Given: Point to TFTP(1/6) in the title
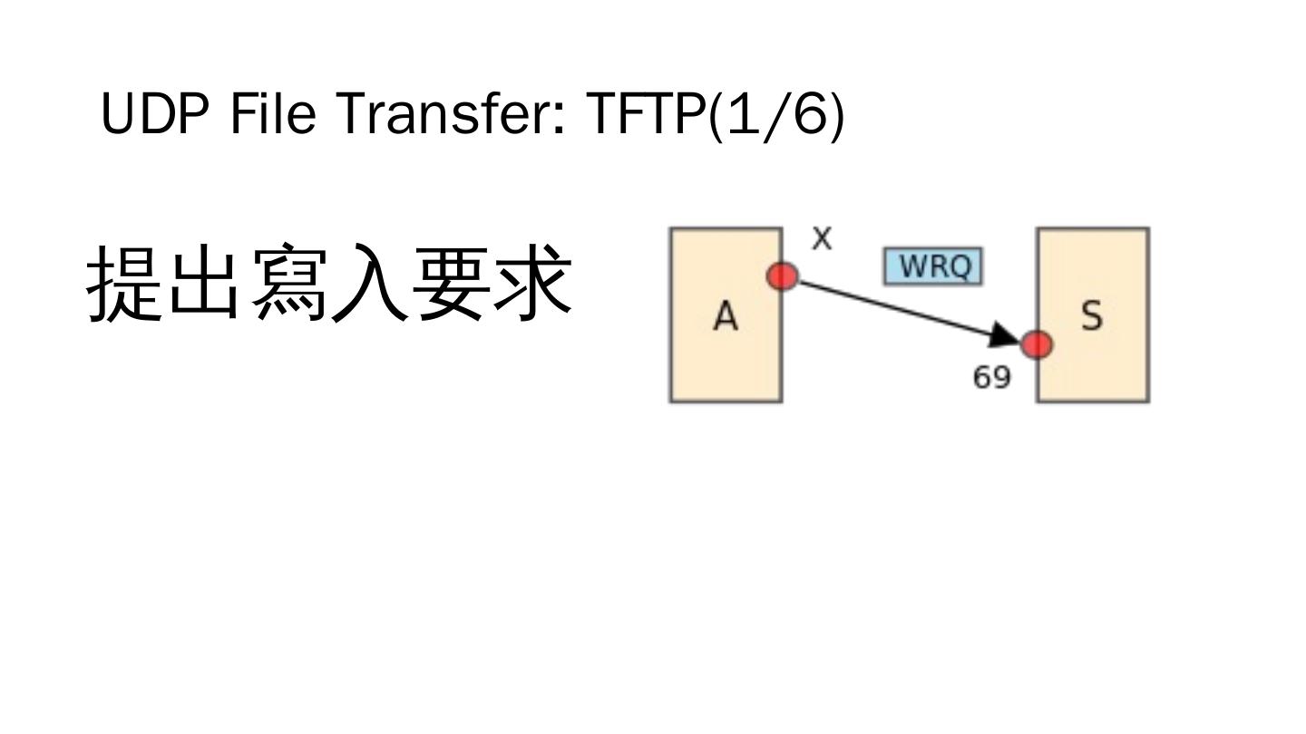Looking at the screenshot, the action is (x=716, y=116).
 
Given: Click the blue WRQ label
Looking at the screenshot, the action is (x=932, y=266).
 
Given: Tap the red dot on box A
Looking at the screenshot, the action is (x=783, y=275).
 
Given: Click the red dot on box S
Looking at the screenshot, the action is (x=1037, y=344).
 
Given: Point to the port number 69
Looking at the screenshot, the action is (x=991, y=376).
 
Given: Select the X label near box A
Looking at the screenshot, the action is (x=822, y=239).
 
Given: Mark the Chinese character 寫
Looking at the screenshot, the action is (x=288, y=283).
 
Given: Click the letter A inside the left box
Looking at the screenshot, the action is (x=726, y=316).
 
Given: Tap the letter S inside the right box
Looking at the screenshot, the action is (x=1092, y=315).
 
